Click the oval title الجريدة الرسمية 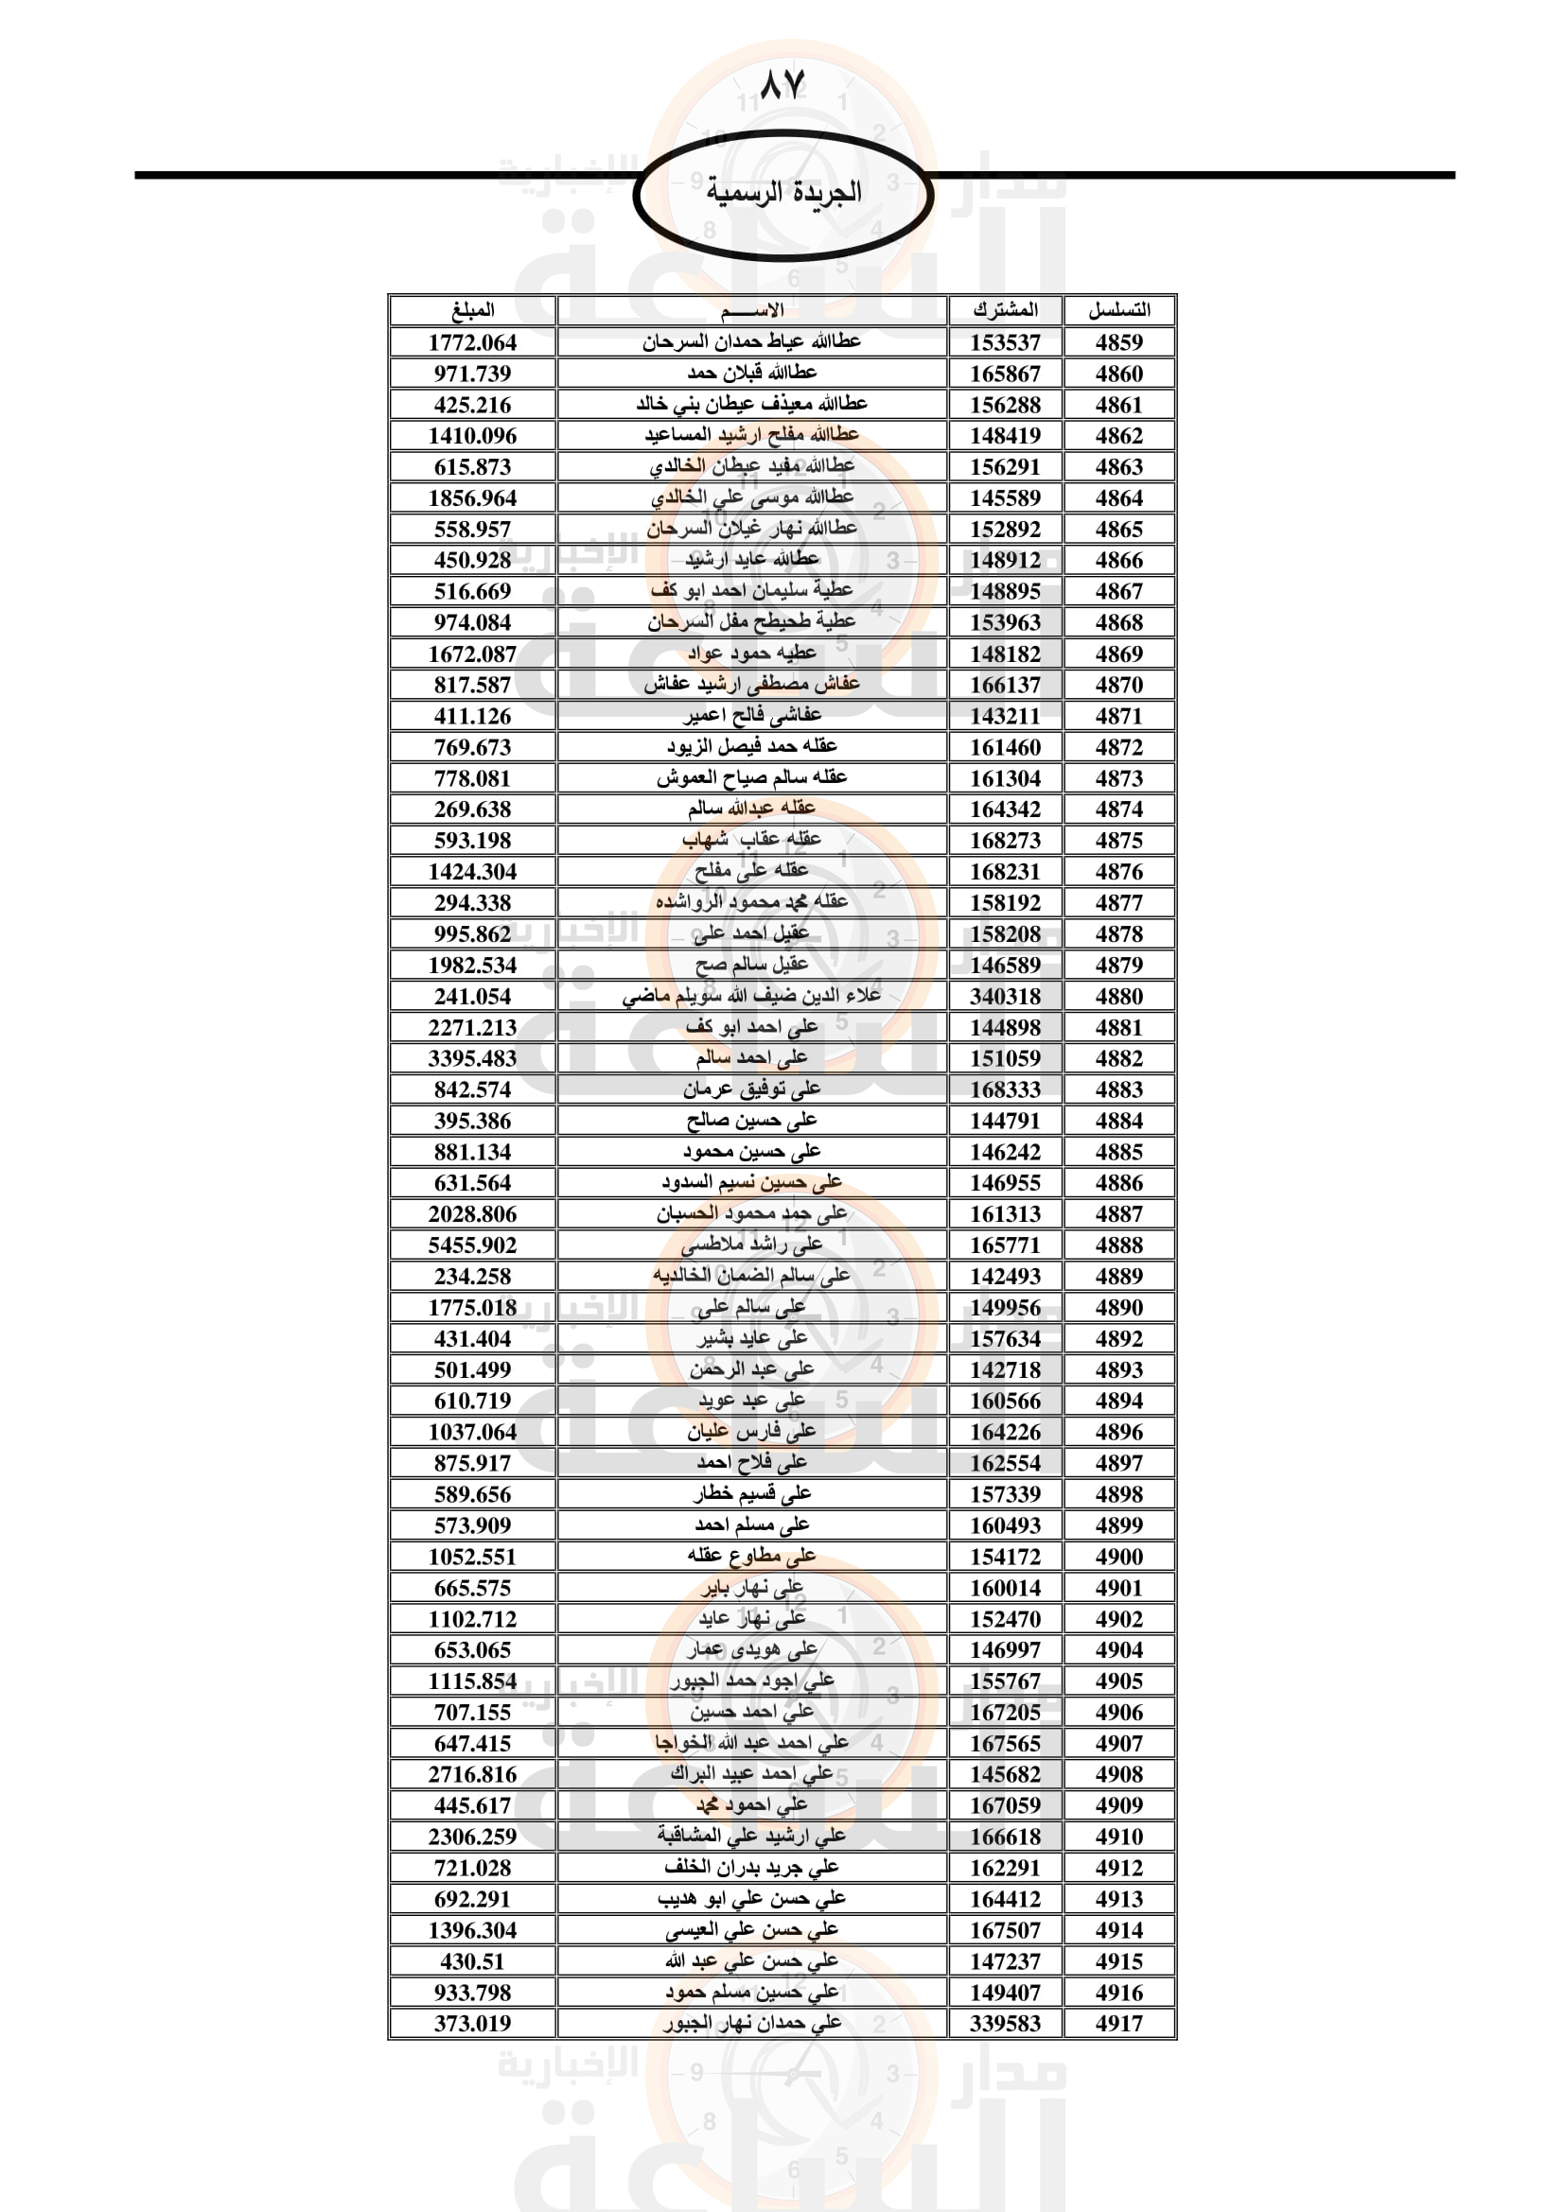[782, 192]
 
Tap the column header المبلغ [472, 310]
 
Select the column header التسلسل [1118, 310]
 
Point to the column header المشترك [1005, 310]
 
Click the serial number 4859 [1118, 342]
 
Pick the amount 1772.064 [472, 342]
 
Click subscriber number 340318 [1005, 996]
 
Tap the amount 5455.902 [472, 1245]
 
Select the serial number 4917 [1118, 2023]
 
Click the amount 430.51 [472, 1960]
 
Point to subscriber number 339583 [1005, 2023]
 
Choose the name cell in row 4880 [751, 995]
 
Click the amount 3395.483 [472, 1058]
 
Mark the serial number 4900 [1118, 1556]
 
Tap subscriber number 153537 [1005, 342]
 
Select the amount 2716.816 [472, 1773]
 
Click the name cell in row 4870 [751, 684]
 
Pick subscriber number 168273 [1005, 840]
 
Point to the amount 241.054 [472, 996]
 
